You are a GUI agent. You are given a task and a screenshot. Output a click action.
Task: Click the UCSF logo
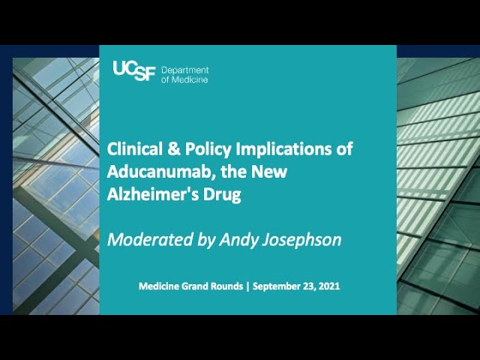(x=134, y=71)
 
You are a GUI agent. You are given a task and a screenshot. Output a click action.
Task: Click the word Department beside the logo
(x=185, y=70)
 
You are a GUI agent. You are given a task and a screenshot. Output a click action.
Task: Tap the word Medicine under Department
(x=190, y=80)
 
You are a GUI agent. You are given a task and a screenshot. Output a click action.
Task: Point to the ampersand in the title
(x=174, y=149)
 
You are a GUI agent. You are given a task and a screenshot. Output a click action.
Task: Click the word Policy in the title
(x=208, y=150)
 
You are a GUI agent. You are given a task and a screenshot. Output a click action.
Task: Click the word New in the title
(x=269, y=172)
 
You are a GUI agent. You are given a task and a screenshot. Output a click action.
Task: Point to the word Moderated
(x=150, y=240)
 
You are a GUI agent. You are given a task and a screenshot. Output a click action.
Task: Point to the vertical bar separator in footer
(x=248, y=286)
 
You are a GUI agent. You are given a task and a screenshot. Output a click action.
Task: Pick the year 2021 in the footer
(x=329, y=286)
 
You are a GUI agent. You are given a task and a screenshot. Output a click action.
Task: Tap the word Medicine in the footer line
(x=158, y=286)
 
